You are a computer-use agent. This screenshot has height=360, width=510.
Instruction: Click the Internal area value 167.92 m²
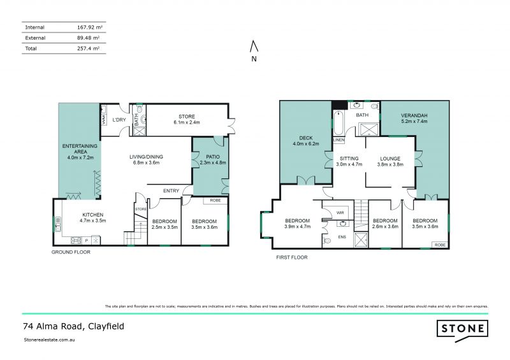86,27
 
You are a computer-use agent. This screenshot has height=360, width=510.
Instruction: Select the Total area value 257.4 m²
88,48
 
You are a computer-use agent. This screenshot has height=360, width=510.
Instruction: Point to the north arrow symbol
254,47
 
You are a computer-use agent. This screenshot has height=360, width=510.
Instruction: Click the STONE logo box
462,329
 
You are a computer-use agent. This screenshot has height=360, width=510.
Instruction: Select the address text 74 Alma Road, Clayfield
73,326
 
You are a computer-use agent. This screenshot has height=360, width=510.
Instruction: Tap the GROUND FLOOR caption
71,252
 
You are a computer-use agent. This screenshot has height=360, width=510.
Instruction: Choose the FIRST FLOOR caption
293,257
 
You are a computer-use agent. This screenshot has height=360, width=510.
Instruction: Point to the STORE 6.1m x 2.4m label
186,119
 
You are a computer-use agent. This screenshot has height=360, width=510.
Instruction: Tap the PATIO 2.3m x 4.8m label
208,159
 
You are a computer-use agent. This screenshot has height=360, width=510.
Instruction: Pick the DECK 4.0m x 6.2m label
304,140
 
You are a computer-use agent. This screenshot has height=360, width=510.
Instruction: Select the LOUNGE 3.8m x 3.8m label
390,161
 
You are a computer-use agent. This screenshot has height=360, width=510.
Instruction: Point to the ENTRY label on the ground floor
171,191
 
